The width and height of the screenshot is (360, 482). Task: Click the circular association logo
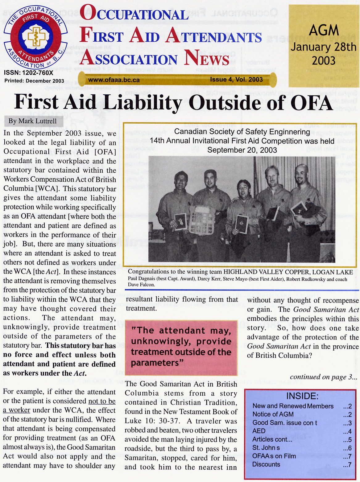[35, 37]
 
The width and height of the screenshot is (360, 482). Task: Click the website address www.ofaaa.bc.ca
[114, 80]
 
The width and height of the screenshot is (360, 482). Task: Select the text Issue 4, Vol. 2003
[236, 80]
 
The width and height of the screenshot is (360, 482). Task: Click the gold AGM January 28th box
[324, 46]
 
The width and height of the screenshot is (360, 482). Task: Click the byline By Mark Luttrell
[32, 121]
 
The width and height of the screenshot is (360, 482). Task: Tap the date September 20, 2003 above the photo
[242, 150]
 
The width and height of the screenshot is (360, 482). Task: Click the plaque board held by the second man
[202, 220]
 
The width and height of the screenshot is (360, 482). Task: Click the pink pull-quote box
[181, 347]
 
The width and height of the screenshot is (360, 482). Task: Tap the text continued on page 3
[324, 377]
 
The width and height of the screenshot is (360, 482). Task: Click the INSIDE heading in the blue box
[302, 396]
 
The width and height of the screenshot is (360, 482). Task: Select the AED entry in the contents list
[259, 431]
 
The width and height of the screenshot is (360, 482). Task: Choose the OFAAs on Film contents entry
[274, 456]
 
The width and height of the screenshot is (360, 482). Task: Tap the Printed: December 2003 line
[34, 81]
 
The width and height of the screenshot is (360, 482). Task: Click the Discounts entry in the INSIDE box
[266, 464]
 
